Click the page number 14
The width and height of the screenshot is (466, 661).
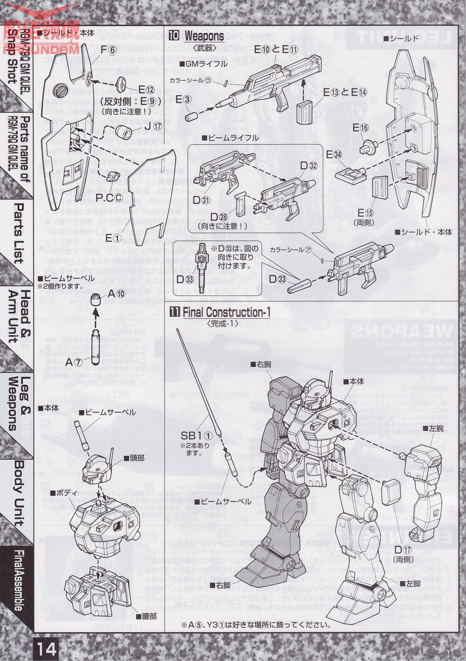click(46, 649)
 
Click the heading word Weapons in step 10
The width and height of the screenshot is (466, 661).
click(204, 36)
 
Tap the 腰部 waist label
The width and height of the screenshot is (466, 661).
click(146, 616)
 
